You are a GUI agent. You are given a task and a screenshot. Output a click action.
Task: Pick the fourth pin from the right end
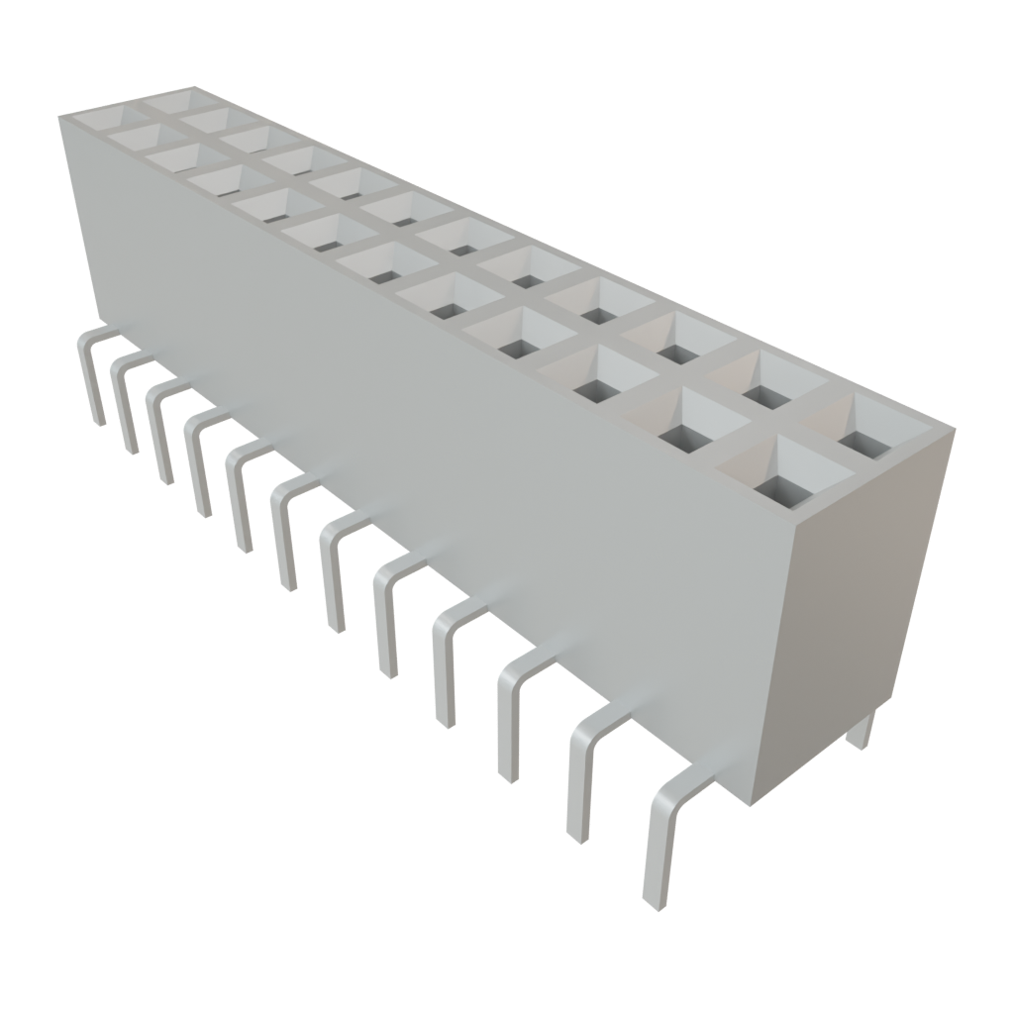tap(443, 663)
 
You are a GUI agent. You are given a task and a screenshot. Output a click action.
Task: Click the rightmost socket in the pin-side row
tap(783, 474)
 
